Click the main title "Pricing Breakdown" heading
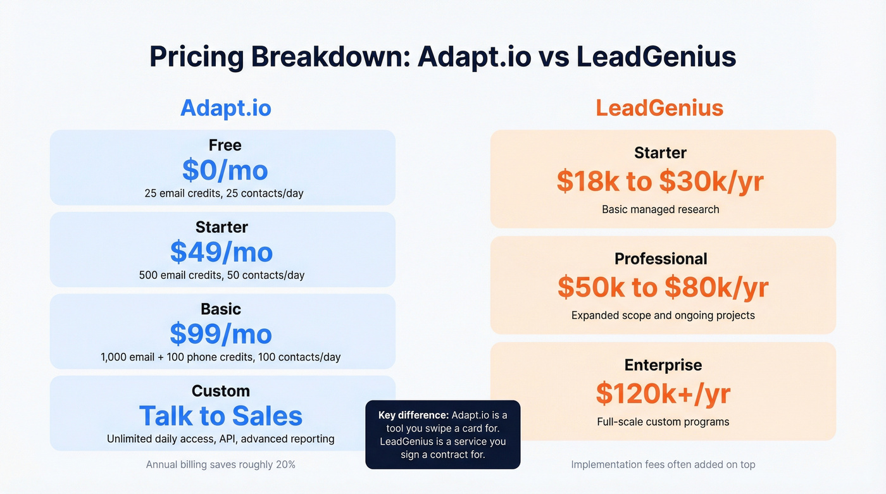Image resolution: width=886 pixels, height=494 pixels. coord(442,57)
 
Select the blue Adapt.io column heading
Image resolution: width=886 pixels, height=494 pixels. coord(225,108)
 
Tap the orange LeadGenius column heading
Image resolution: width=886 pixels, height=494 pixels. coord(659,108)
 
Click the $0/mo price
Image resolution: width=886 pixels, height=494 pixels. coord(225,170)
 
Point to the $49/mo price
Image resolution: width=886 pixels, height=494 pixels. coord(221,252)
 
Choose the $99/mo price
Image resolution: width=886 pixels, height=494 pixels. coord(221,334)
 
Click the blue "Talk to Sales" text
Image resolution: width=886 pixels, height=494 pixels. coord(221,416)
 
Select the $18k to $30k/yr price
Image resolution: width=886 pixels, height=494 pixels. coord(660,182)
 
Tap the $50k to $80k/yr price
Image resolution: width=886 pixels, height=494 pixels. coord(663,287)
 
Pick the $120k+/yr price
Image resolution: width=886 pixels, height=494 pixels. coord(663,393)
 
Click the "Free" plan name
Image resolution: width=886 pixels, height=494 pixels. coord(225,145)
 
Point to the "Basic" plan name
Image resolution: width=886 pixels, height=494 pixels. coord(221,309)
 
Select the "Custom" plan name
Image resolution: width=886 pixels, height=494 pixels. coord(221,391)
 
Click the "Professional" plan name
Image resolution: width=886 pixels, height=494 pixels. coord(661,259)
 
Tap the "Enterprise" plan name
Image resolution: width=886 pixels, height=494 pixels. coord(663,365)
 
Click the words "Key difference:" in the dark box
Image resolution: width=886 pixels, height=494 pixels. coord(413,415)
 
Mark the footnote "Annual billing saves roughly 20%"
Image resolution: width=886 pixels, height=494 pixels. coord(221,464)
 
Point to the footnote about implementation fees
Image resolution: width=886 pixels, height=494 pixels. coord(663,464)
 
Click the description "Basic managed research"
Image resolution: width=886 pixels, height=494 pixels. coord(660,209)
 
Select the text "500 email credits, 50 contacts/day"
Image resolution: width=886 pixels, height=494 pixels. coord(221,275)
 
